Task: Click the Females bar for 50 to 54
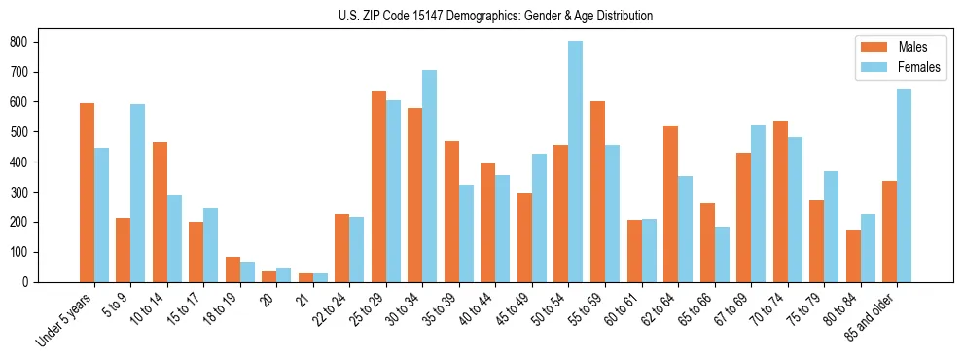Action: [x=576, y=162]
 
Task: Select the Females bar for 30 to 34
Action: [x=430, y=176]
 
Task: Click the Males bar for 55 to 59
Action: [x=597, y=192]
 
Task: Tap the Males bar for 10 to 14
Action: [x=160, y=212]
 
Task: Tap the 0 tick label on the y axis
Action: [x=28, y=282]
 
